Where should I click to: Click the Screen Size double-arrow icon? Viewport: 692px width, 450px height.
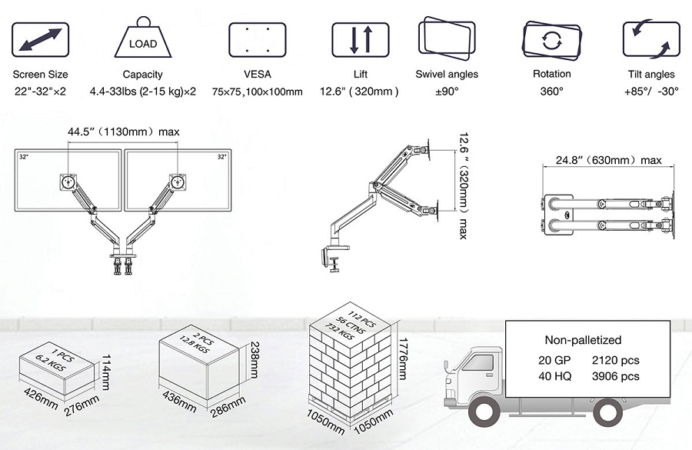pos(40,39)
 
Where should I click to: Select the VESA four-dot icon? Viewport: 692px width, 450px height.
pos(258,39)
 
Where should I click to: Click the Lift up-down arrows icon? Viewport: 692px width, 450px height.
pos(360,39)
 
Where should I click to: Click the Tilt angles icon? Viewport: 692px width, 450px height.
pos(650,39)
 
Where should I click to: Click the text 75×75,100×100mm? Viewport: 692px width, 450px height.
pos(257,92)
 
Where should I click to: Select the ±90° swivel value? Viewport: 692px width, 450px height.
pos(447,91)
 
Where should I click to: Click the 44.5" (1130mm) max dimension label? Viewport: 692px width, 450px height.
pos(123,132)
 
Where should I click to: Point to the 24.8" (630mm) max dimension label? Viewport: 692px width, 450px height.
pos(608,160)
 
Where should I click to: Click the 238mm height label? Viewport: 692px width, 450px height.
pos(251,361)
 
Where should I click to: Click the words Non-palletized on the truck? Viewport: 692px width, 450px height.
pos(582,340)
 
